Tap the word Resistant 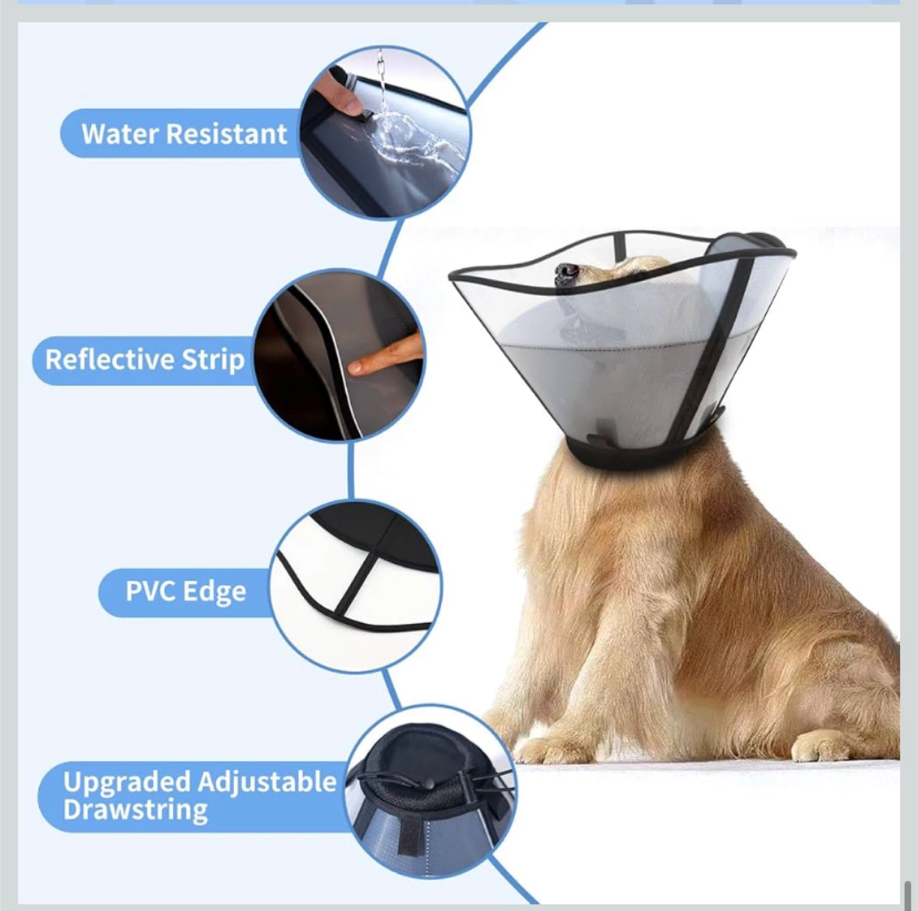coord(227,134)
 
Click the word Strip coord(210,361)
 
